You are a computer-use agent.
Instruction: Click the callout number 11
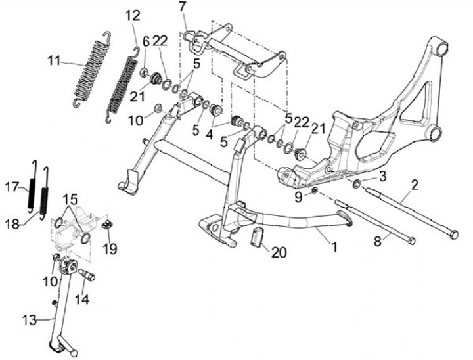pyautogui.click(x=54, y=61)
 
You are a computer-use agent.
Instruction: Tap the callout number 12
pyautogui.click(x=133, y=15)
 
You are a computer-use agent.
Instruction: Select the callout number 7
pyautogui.click(x=182, y=7)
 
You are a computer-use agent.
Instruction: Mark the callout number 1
pyautogui.click(x=334, y=248)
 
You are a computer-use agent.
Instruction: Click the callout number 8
pyautogui.click(x=377, y=242)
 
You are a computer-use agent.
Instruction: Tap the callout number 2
pyautogui.click(x=414, y=185)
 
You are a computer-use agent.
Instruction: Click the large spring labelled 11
pyautogui.click(x=89, y=71)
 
